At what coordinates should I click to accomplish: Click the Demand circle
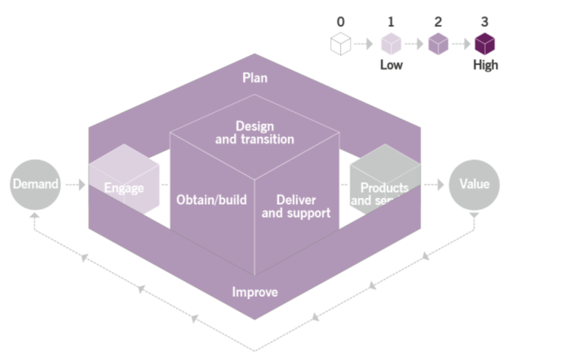click(x=35, y=185)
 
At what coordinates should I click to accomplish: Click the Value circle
click(x=474, y=185)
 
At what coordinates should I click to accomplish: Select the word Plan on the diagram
click(x=255, y=78)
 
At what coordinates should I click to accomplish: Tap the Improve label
click(x=255, y=292)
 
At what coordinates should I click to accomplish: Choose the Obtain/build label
click(x=211, y=200)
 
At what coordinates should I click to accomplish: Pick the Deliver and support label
click(x=296, y=206)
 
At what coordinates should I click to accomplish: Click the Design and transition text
click(x=255, y=133)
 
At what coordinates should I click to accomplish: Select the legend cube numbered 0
click(x=341, y=44)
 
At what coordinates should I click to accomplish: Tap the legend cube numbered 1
click(x=391, y=44)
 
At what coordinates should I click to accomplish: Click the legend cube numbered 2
click(x=438, y=44)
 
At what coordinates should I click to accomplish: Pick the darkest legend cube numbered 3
click(x=485, y=44)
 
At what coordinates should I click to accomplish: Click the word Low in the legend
click(x=391, y=65)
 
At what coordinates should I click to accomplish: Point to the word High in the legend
click(x=485, y=65)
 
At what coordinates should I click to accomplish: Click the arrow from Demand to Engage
click(x=75, y=185)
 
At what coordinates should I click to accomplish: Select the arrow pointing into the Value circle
click(x=435, y=185)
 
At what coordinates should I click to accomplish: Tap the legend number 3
click(x=485, y=22)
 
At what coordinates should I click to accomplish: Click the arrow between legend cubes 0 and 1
click(x=363, y=44)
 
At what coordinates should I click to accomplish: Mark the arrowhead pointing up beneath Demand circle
click(x=34, y=216)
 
